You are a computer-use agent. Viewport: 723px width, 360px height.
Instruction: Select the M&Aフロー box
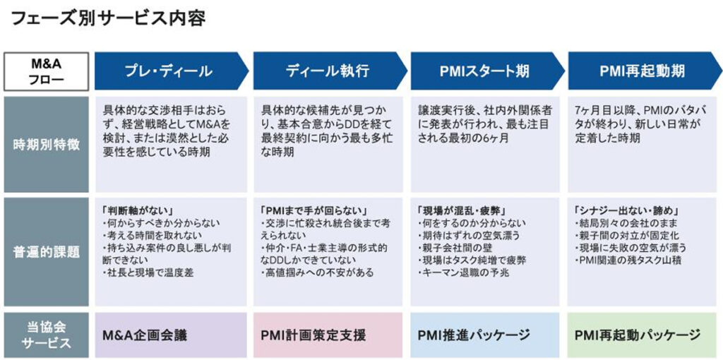coord(47,71)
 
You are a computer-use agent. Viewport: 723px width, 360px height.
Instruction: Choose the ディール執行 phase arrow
coord(328,71)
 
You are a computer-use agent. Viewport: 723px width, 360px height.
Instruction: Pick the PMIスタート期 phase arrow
coord(484,71)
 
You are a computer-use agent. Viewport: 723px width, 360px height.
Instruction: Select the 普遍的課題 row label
coord(47,251)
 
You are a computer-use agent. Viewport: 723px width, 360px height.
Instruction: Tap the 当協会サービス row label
coord(47,335)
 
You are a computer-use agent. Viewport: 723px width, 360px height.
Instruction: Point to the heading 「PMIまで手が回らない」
coord(306,210)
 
